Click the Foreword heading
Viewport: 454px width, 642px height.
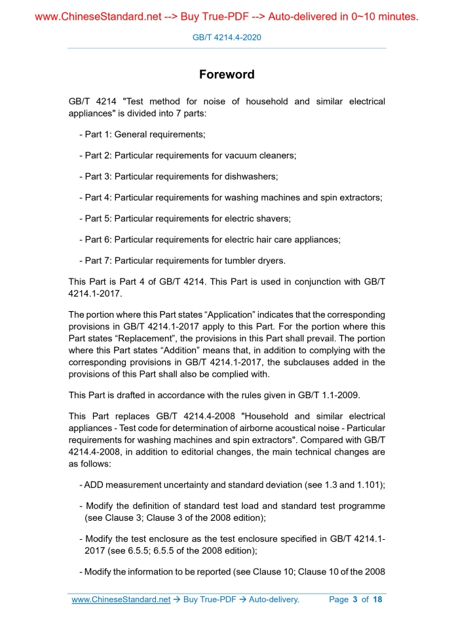tap(227, 75)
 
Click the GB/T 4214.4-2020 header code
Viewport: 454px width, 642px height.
tap(227, 37)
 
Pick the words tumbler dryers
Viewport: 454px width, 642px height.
tap(253, 260)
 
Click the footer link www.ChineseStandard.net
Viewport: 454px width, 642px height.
tap(121, 599)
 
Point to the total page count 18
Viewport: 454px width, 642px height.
tap(377, 599)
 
